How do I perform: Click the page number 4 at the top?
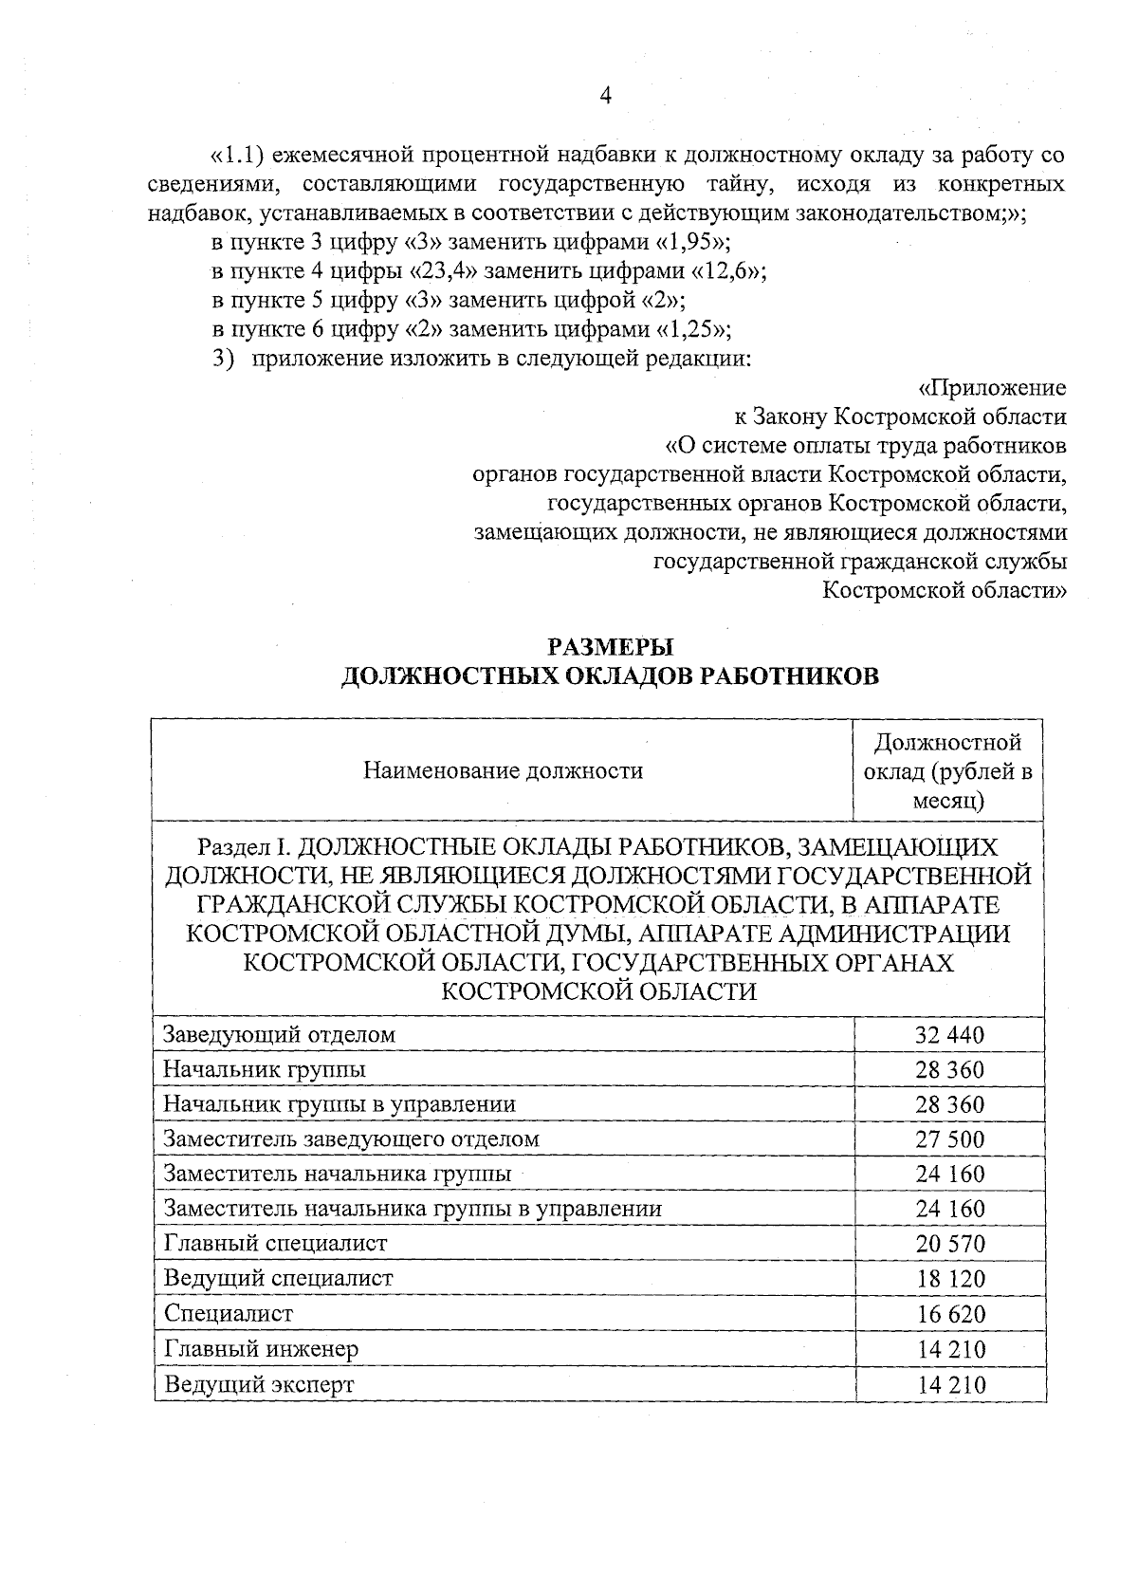(606, 95)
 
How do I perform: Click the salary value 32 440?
(949, 1035)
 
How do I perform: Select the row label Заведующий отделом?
(279, 1034)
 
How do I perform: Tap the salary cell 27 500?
(949, 1139)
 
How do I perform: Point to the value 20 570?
(949, 1244)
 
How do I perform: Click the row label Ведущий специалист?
(278, 1278)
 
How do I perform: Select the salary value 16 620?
(949, 1314)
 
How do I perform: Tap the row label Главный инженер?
(261, 1348)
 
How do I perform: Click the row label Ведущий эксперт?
(259, 1383)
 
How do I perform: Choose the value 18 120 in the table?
(949, 1279)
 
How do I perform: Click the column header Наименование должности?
(503, 770)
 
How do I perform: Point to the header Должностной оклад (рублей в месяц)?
(947, 770)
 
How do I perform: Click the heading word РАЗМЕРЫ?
(610, 647)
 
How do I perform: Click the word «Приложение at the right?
(992, 388)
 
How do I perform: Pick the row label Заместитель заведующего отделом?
(351, 1138)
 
